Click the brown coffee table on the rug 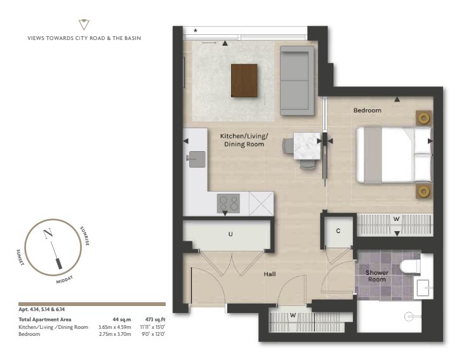tap(244, 80)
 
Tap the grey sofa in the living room tap(297, 81)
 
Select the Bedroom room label tap(368, 110)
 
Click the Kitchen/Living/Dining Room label tap(244, 140)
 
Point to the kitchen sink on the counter tap(196, 159)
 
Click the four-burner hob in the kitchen tap(229, 203)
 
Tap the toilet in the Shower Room tap(410, 266)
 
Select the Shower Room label tap(377, 276)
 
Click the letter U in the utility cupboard tap(230, 234)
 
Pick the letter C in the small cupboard tap(338, 231)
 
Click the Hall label tap(270, 274)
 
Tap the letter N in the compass tap(48, 234)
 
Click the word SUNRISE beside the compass tap(84, 236)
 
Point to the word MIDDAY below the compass tap(65, 280)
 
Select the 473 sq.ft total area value tap(155, 319)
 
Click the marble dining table tap(307, 146)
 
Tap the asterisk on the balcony tap(196, 30)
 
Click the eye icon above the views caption tap(84, 24)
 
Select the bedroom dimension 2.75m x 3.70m tap(115, 334)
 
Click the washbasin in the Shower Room tap(423, 288)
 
